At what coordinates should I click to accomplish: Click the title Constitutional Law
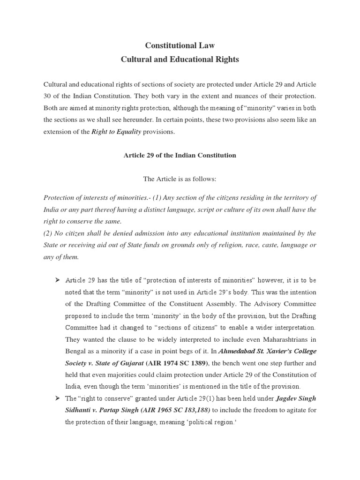click(180, 45)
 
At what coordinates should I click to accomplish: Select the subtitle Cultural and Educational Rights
click(180, 60)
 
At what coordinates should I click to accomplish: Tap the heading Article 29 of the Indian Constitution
click(180, 155)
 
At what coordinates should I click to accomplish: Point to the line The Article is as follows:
click(180, 179)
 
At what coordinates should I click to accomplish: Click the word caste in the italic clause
click(259, 245)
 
